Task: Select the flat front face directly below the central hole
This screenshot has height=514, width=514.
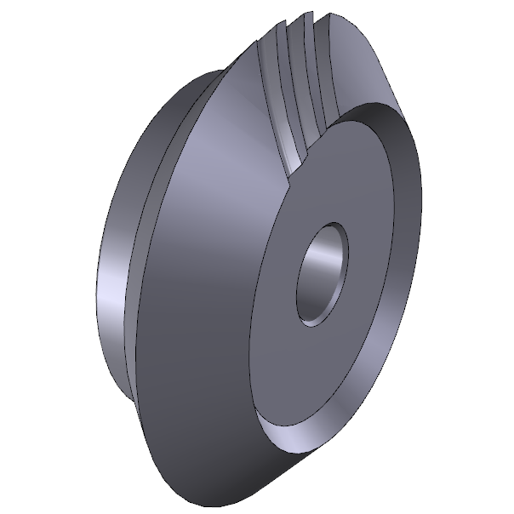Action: pyautogui.click(x=323, y=374)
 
